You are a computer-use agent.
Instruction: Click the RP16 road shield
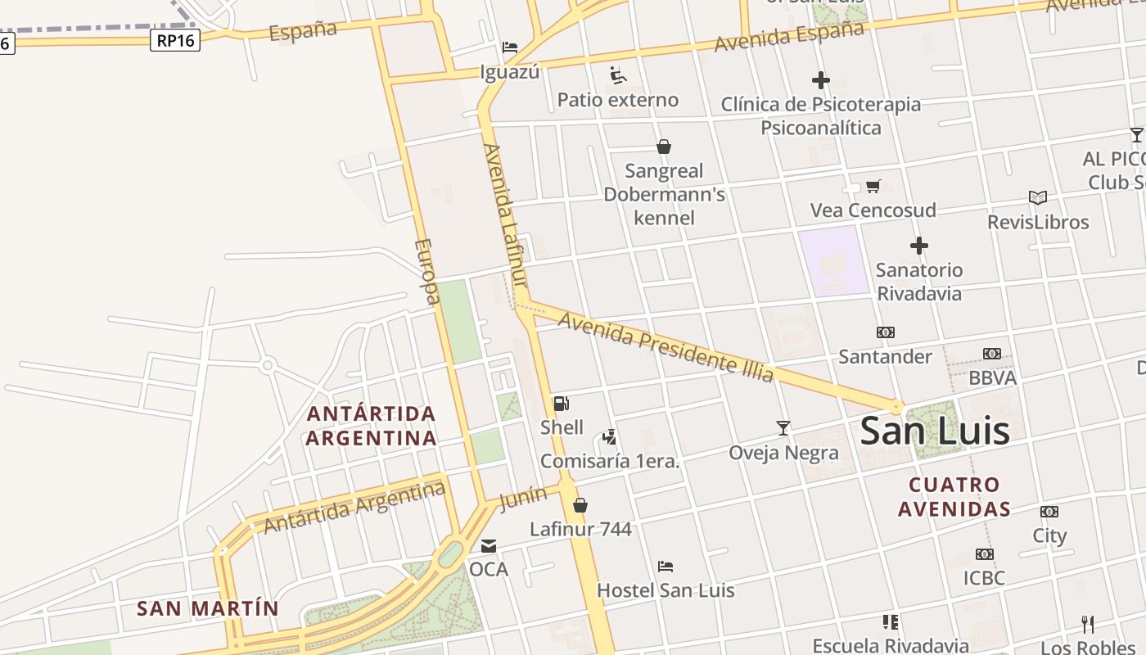tap(175, 40)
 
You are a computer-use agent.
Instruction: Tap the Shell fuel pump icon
tap(562, 403)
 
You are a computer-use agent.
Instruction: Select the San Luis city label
tap(935, 431)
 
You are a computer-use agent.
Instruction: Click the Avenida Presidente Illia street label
tap(665, 346)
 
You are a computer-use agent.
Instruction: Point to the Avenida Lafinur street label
tap(504, 215)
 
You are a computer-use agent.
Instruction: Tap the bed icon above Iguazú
tap(510, 47)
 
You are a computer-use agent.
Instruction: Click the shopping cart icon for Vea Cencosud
tap(873, 187)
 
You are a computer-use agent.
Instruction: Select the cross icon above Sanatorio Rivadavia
tap(919, 246)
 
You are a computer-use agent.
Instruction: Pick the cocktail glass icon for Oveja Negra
tap(783, 428)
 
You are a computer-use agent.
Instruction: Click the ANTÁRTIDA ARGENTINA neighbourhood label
tap(371, 426)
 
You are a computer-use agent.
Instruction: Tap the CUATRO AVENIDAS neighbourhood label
tap(954, 497)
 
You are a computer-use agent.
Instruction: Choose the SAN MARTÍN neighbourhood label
tap(208, 609)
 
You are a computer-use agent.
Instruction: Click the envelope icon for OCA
tap(489, 545)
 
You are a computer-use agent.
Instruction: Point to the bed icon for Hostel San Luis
tap(665, 567)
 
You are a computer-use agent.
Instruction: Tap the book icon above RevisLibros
tap(1038, 198)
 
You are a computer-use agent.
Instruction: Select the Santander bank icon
tap(886, 332)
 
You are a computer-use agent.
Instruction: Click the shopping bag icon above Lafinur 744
tap(580, 505)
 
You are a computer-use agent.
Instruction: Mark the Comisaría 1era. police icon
tap(609, 437)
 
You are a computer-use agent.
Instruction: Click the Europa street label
tap(427, 271)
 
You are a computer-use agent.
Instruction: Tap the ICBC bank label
tap(984, 578)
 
